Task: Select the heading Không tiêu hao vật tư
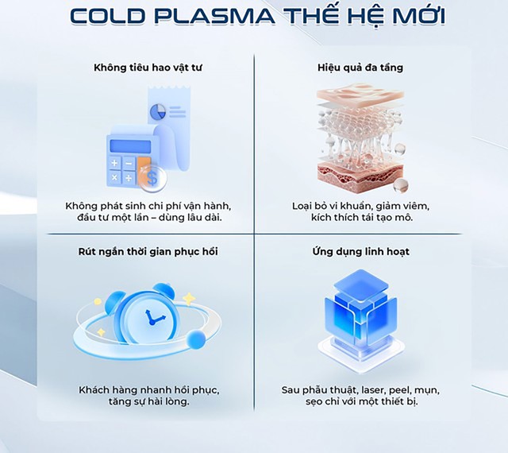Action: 148,68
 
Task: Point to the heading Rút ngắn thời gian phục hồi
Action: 148,252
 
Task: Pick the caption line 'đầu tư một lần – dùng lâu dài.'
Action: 148,219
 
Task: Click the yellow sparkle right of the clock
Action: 189,298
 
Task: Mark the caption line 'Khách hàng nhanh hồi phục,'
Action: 148,390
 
